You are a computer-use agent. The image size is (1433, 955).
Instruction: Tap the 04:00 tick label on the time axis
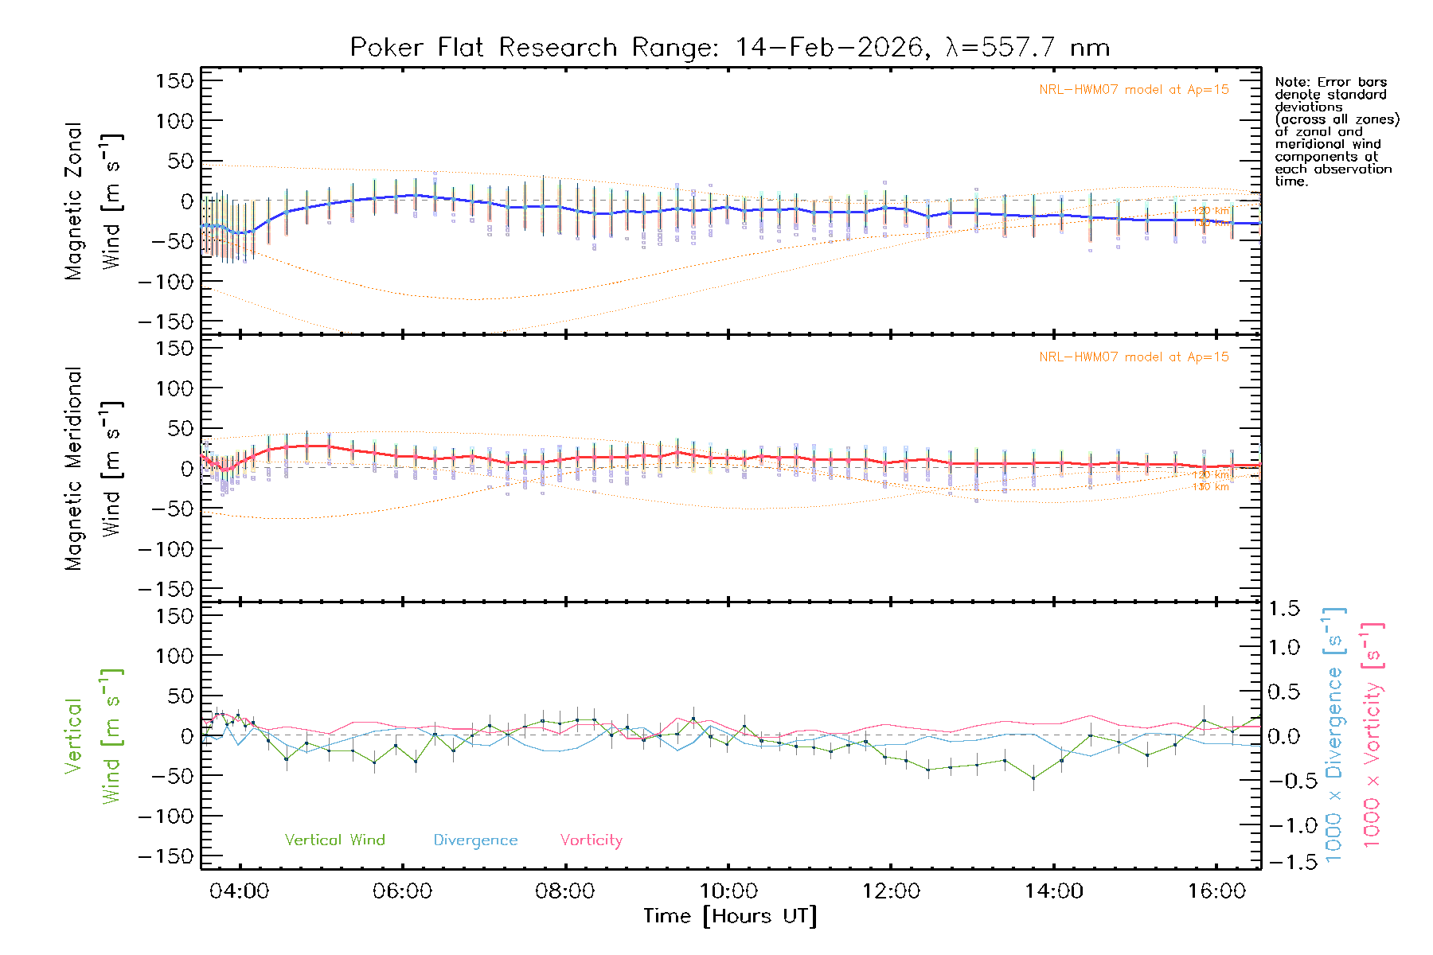tap(239, 891)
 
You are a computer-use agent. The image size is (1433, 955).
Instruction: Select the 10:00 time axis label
tap(728, 891)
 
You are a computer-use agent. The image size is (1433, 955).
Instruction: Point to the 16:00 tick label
tap(1216, 891)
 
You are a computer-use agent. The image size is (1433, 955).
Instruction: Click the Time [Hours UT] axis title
tap(729, 916)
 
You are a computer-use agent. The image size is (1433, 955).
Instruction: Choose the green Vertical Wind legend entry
tap(334, 840)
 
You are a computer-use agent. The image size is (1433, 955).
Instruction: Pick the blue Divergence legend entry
tap(475, 840)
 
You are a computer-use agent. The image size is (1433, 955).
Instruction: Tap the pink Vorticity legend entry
tap(591, 840)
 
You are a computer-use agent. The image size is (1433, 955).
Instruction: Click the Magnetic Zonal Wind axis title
tap(94, 201)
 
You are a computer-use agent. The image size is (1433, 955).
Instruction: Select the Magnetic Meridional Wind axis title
tap(94, 469)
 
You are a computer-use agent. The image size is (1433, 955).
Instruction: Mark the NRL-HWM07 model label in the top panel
tap(1134, 90)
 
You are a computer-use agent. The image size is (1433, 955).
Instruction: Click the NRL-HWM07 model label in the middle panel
tap(1134, 357)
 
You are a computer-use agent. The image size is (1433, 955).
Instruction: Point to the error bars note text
tap(1336, 131)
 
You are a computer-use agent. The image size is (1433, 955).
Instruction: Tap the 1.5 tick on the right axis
tap(1283, 609)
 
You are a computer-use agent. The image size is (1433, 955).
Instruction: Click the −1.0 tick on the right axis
tap(1283, 825)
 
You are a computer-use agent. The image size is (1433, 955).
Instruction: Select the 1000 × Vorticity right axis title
tap(1372, 735)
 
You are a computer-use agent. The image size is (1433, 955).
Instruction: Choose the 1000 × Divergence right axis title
tap(1334, 735)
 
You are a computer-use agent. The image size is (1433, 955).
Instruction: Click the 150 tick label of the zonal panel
tap(174, 80)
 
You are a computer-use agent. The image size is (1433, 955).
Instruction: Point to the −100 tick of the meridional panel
tap(166, 548)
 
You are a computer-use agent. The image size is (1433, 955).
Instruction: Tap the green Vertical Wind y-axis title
tap(94, 736)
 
